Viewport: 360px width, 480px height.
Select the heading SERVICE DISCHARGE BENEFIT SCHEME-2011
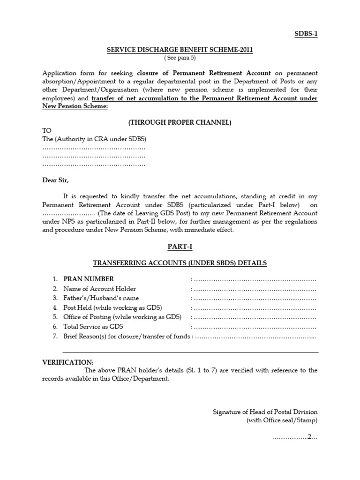pos(180,50)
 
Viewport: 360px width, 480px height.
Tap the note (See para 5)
pos(180,58)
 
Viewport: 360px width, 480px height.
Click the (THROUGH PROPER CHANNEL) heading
pos(180,122)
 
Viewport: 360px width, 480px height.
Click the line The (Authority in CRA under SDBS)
pos(94,139)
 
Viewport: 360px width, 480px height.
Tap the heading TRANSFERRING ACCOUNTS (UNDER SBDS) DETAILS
pos(180,263)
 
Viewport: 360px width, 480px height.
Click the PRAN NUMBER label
pos(89,279)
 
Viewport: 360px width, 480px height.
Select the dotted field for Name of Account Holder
pos(255,289)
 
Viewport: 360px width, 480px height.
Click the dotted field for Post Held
pos(255,307)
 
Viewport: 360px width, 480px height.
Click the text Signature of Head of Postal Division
pos(265,412)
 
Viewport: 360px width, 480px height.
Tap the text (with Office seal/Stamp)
pos(282,420)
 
